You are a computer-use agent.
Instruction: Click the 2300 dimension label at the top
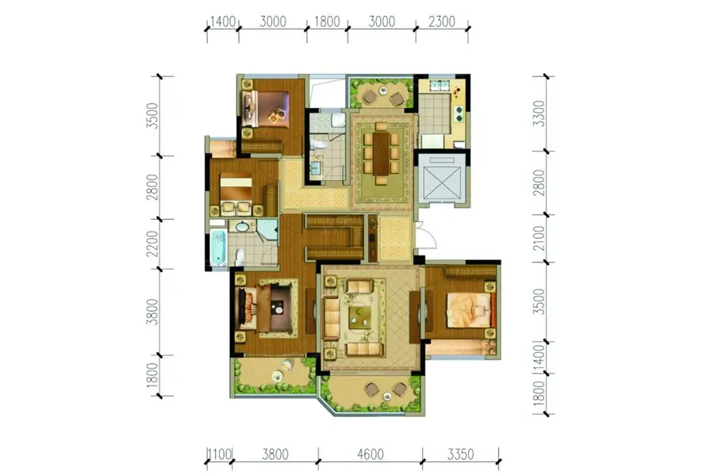point(442,21)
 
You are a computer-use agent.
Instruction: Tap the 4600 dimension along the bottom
point(370,454)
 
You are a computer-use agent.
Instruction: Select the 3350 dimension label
point(460,454)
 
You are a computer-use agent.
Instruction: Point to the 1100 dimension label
point(219,454)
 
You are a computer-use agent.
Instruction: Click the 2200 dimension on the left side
point(152,244)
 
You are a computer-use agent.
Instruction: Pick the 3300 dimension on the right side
point(539,113)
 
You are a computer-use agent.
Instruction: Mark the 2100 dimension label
point(539,238)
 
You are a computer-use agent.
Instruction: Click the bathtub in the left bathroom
point(219,248)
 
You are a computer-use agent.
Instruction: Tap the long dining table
point(381,153)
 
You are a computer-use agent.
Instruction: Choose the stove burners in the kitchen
point(459,113)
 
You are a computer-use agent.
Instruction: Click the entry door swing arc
point(430,234)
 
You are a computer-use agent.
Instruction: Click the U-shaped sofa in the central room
point(336,236)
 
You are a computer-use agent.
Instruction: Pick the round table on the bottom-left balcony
point(278,376)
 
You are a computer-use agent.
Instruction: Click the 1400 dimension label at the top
point(223,21)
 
